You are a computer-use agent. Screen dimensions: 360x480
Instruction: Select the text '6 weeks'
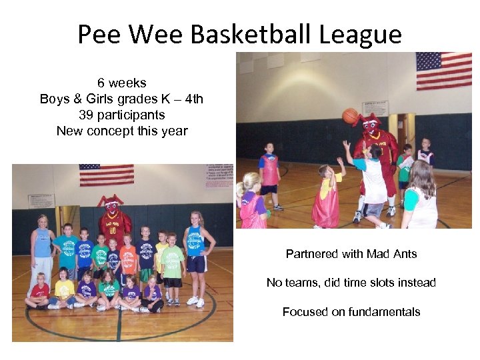point(121,83)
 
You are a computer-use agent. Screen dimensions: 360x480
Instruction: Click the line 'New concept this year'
point(121,131)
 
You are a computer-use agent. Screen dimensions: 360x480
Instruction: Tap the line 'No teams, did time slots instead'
point(351,283)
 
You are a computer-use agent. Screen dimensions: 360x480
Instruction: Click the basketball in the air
point(351,116)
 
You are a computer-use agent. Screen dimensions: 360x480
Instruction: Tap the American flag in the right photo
point(443,70)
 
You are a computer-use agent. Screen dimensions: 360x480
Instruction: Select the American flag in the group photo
point(106,175)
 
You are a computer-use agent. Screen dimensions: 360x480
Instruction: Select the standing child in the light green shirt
point(173,262)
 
